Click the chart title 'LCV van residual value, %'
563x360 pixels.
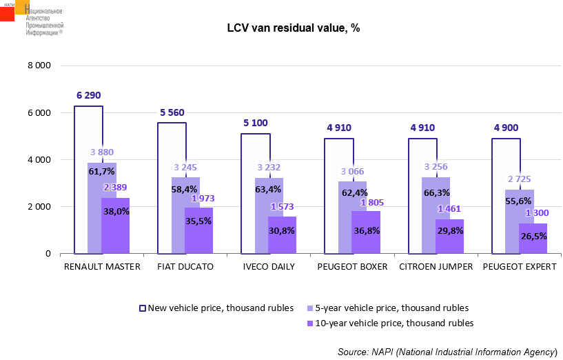tap(294, 28)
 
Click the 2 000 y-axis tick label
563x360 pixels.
tap(39, 207)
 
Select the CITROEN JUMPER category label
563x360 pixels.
tap(436, 266)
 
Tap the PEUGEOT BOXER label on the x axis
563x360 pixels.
tap(353, 266)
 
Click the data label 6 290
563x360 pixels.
tap(89, 96)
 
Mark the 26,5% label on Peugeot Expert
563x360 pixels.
tap(533, 236)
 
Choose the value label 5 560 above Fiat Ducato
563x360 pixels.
tap(172, 112)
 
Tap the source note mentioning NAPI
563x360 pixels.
tap(447, 352)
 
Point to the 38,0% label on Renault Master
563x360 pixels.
tap(115, 212)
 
